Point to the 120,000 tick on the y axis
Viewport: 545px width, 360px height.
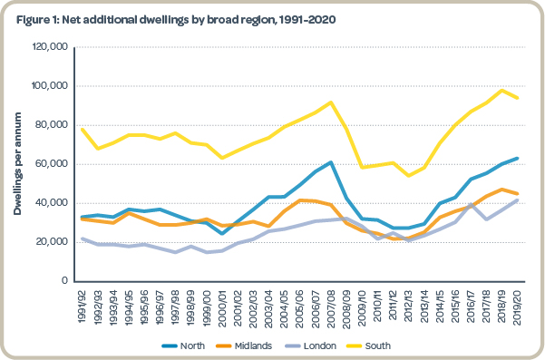(x=54, y=47)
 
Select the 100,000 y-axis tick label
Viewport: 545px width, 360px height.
(x=54, y=86)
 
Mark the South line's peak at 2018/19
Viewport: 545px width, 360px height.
(x=501, y=90)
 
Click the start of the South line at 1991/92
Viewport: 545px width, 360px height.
(x=83, y=129)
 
